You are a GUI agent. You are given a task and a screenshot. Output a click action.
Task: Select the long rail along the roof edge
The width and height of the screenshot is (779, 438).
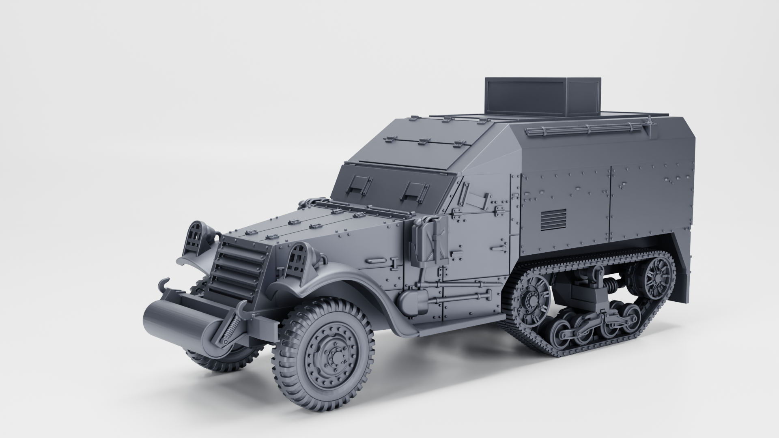click(586, 129)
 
